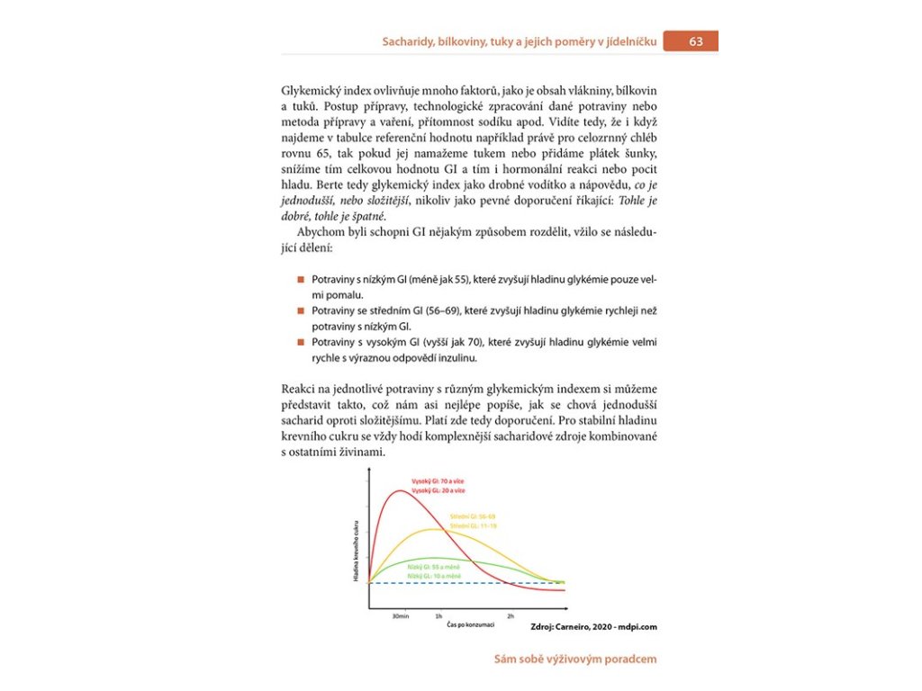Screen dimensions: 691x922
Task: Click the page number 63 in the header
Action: [x=697, y=41]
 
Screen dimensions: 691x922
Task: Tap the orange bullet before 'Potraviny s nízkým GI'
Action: [x=302, y=280]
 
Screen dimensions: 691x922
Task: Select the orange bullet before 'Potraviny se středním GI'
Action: [x=302, y=310]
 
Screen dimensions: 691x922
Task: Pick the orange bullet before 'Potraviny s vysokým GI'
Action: [x=302, y=343]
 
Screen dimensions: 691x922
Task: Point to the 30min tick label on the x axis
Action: [x=402, y=616]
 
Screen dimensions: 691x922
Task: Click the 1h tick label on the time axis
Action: [x=438, y=616]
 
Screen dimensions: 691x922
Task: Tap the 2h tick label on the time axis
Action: [x=511, y=616]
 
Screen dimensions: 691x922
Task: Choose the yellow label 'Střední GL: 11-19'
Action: [x=473, y=525]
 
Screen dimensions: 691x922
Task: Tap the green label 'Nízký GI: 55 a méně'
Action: [x=434, y=567]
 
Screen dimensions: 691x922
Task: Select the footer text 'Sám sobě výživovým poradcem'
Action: [x=575, y=659]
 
